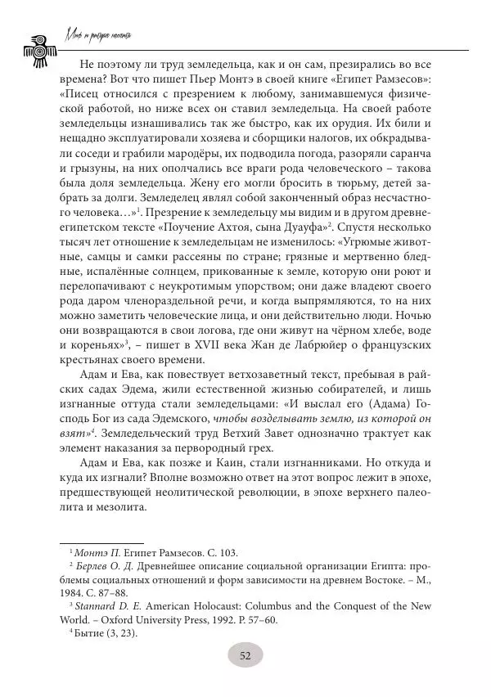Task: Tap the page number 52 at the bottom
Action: [245, 654]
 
